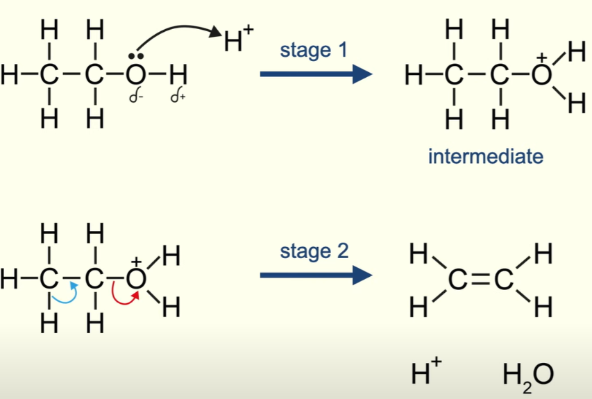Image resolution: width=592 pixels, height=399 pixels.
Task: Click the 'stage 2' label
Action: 314,251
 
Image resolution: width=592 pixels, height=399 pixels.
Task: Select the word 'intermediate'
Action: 485,156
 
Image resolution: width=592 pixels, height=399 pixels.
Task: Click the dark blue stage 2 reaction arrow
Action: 316,276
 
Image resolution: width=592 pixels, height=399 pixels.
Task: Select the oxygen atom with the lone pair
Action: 136,73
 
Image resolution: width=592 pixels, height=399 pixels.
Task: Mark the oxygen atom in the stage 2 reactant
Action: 136,278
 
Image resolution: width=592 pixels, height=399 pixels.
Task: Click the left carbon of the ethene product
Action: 459,280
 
